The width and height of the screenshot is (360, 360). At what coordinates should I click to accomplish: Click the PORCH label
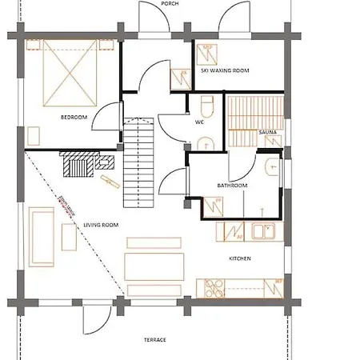(169, 3)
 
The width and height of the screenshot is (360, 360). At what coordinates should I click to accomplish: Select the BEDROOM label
(74, 118)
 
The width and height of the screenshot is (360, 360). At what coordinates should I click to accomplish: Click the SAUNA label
(267, 132)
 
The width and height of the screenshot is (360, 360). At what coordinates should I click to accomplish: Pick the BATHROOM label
(232, 186)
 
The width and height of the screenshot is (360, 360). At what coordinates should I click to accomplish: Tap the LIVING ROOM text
(101, 225)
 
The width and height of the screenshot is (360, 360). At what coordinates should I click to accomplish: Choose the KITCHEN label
(240, 258)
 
